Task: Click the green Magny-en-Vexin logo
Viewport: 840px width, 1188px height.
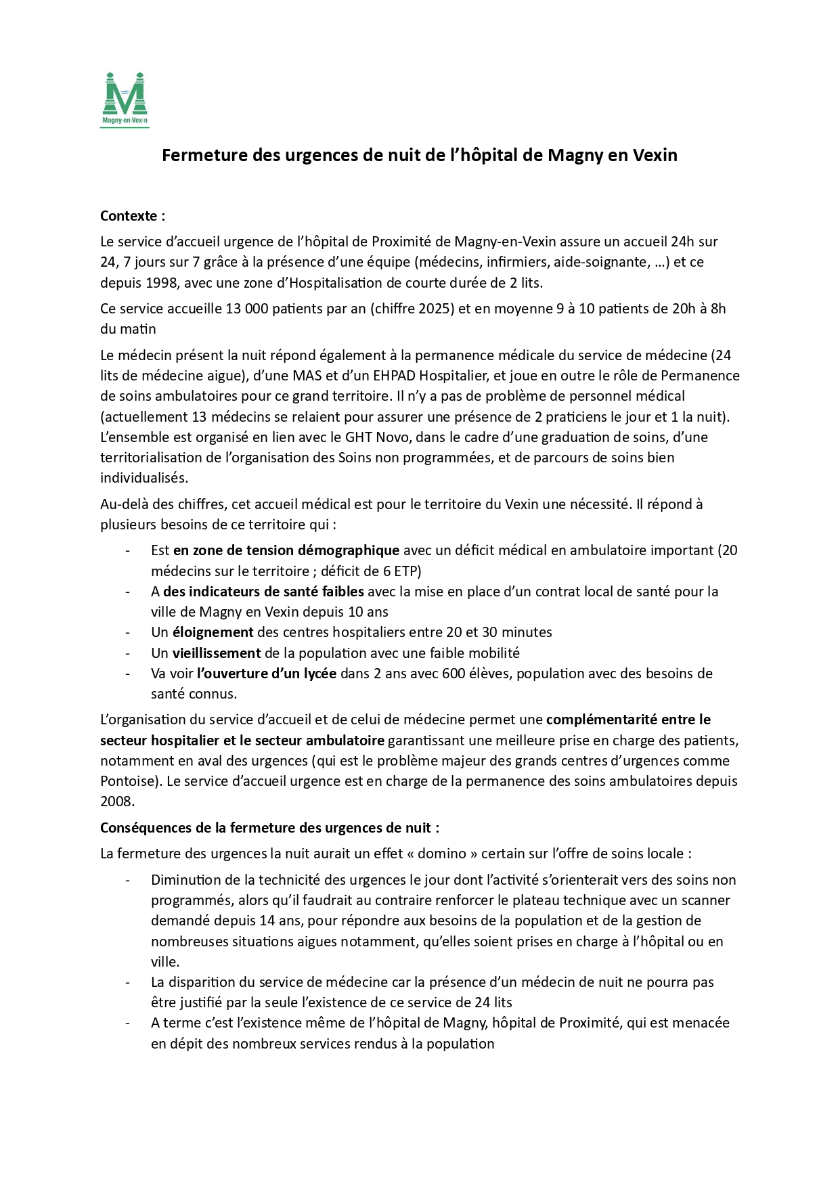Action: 125,99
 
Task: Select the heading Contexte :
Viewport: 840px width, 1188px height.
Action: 133,216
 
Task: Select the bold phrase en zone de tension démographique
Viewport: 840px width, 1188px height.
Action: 286,550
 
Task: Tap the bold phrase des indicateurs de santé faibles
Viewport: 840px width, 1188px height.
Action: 263,592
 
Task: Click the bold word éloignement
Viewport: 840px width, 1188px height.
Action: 213,632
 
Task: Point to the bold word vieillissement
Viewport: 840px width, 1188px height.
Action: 216,653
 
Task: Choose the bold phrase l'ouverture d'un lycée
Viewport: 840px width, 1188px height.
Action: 266,674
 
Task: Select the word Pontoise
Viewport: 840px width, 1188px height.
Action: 127,781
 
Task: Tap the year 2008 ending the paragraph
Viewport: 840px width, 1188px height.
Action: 116,801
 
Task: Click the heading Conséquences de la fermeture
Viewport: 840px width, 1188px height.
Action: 269,828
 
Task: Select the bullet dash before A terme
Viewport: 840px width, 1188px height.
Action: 127,1023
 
